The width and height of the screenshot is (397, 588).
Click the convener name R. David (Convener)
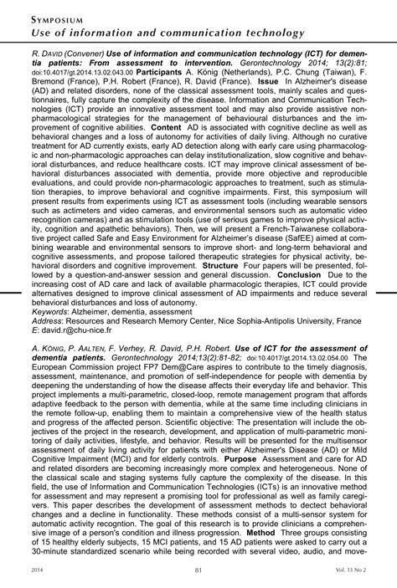pos(44,51)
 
